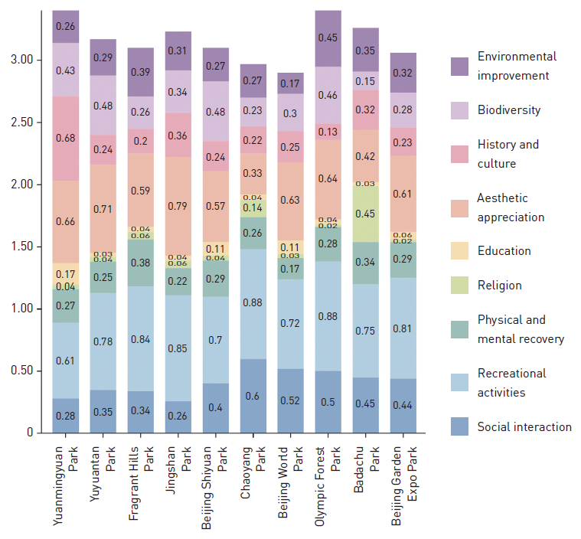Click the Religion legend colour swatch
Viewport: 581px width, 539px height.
click(460, 285)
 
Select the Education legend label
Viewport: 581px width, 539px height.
click(504, 250)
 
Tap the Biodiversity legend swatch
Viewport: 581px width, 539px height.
click(460, 109)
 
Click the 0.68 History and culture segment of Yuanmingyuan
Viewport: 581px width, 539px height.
click(66, 138)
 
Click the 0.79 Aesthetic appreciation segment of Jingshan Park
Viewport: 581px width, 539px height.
click(179, 204)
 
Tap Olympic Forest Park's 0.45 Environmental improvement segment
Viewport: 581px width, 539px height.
click(328, 38)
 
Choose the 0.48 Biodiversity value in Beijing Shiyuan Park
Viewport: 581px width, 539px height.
click(217, 111)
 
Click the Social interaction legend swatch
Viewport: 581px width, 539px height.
click(460, 426)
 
